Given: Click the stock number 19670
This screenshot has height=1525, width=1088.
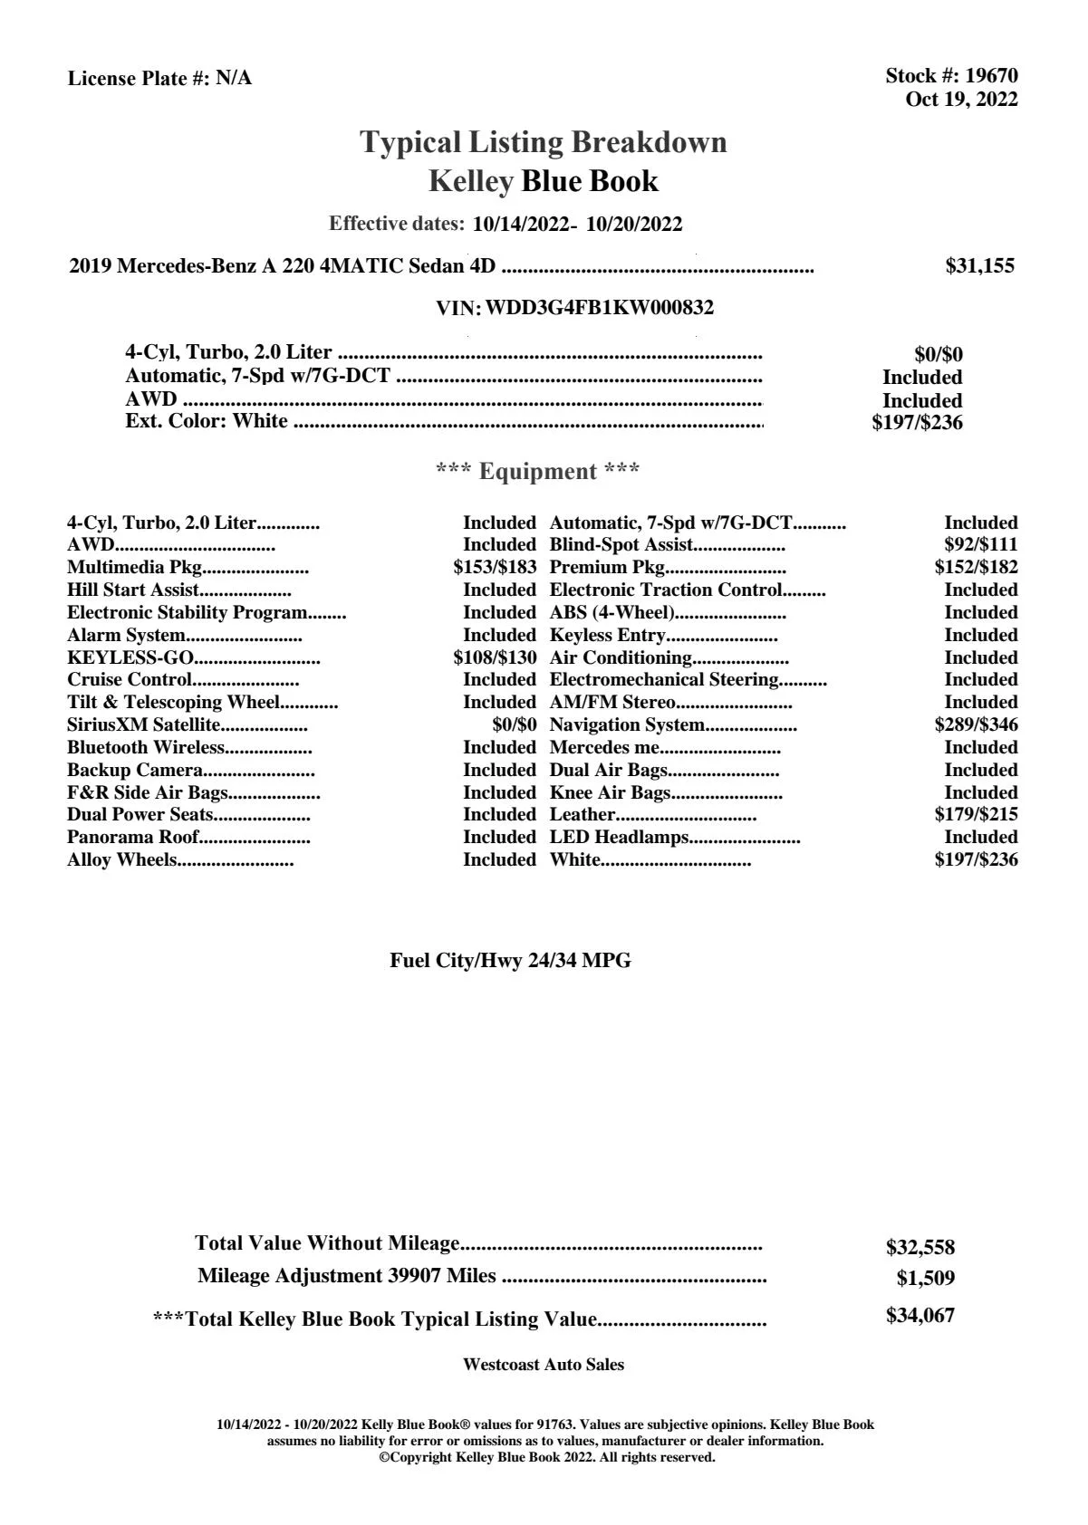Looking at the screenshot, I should (x=991, y=76).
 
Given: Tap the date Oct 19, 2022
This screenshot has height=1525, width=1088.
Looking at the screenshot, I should (x=961, y=100).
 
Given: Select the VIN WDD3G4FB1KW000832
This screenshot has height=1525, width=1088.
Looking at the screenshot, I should (x=600, y=308).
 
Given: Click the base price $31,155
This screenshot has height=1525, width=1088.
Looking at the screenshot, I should (x=979, y=266).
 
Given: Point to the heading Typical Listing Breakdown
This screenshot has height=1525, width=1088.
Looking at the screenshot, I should (x=544, y=142).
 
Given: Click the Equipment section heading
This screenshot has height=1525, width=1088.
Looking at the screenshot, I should (x=538, y=472).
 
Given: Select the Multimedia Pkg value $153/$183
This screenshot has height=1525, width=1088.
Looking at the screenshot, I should (x=495, y=568).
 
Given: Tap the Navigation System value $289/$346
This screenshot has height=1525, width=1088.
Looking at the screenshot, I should (x=976, y=724).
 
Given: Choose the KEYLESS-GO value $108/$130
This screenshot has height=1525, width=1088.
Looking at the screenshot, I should (x=495, y=657).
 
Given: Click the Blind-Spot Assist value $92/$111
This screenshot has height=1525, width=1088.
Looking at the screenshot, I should (x=980, y=545).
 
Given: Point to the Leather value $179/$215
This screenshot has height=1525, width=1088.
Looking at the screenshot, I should (x=976, y=814).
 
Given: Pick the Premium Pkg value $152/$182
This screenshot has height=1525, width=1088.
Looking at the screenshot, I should (x=976, y=568).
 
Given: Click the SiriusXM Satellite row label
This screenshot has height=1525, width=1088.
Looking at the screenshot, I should (x=144, y=724).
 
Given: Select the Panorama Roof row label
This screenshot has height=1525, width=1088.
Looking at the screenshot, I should (x=133, y=837).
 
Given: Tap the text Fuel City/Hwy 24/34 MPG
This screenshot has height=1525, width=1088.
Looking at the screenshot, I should (x=510, y=961).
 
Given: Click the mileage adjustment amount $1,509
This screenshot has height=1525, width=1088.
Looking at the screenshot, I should (x=925, y=1279).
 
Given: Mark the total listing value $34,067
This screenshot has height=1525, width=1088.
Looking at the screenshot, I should (x=920, y=1316).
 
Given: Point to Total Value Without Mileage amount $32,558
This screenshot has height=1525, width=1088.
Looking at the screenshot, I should (x=920, y=1248).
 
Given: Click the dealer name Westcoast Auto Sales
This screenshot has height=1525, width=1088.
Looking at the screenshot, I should (x=543, y=1365).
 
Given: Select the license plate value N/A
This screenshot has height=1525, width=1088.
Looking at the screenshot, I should (x=234, y=79).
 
